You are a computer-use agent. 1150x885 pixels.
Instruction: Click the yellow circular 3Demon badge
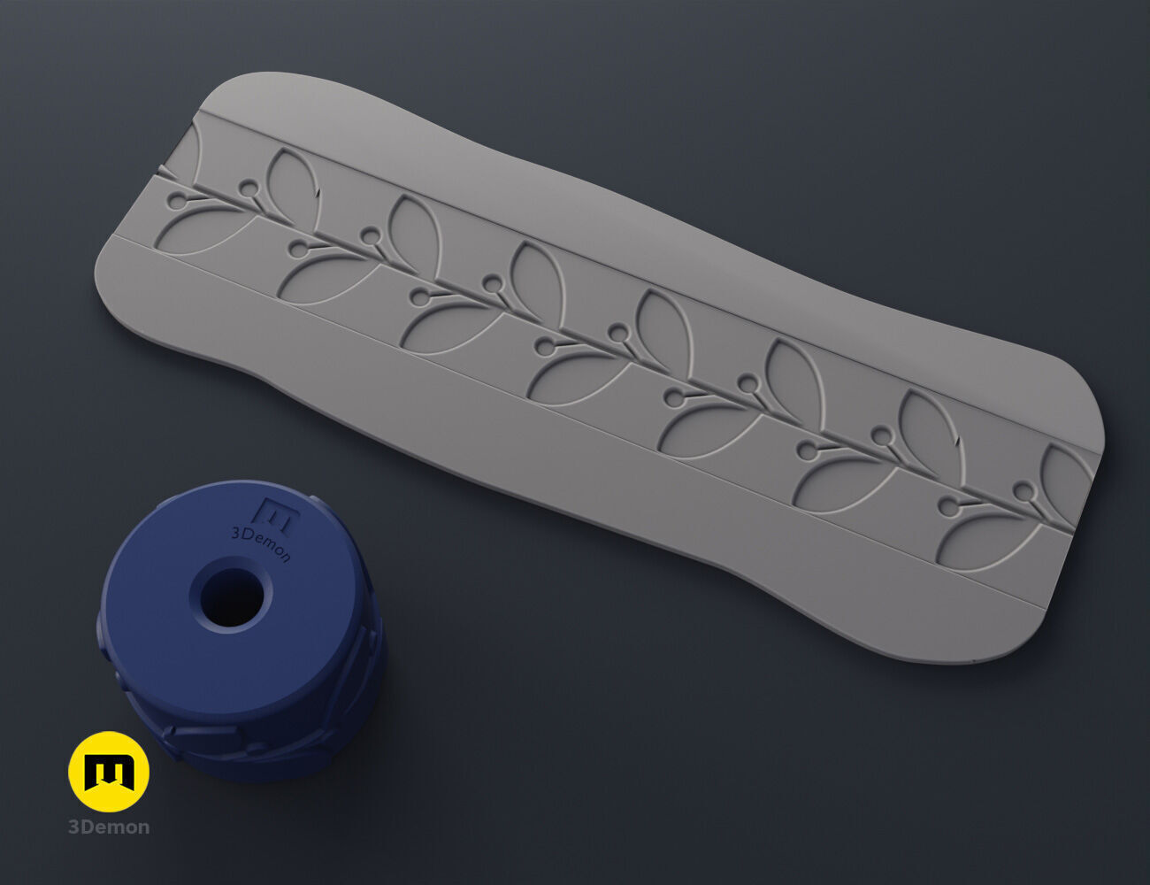(x=109, y=771)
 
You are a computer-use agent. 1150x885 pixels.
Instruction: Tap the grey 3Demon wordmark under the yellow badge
(x=109, y=827)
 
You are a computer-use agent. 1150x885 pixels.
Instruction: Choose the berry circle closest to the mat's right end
(x=1023, y=490)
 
